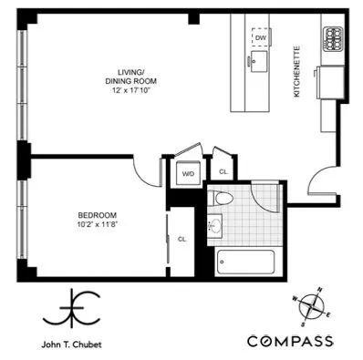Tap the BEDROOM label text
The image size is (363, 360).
point(97,216)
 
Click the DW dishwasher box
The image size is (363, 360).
point(262,38)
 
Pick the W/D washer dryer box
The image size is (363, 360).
point(189,172)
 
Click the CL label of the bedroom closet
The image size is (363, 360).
point(181,239)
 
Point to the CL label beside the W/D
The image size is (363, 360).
point(223,171)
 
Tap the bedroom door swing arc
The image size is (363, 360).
point(144,167)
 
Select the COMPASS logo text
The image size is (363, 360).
point(290,341)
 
